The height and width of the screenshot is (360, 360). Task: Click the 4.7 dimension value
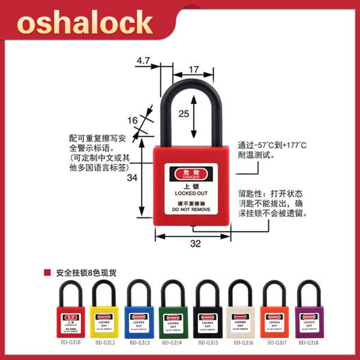143,61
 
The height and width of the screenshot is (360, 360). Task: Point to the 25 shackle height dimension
185,113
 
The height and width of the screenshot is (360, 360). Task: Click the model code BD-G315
208,343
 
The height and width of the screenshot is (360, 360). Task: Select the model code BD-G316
241,343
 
